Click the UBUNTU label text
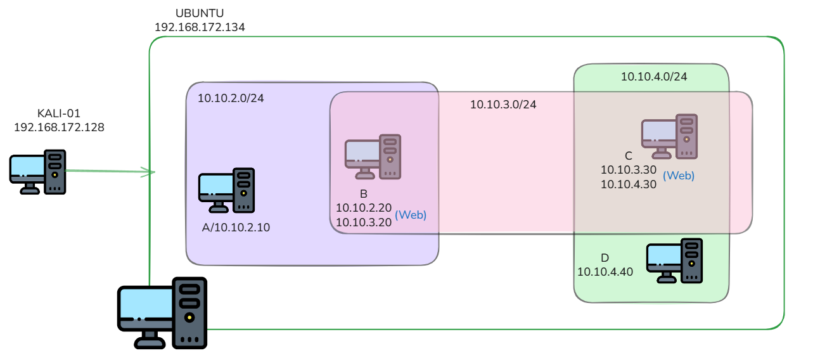click(200, 13)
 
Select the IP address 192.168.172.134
click(200, 27)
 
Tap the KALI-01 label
click(59, 113)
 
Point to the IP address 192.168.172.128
click(59, 127)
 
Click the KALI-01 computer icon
click(38, 172)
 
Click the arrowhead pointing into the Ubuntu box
click(150, 172)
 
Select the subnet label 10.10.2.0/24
click(231, 98)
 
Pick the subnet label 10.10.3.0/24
click(503, 105)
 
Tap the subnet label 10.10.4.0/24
click(654, 77)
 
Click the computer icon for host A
click(226, 190)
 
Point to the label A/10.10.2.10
click(236, 228)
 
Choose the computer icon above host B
click(373, 157)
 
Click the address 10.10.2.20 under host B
click(364, 208)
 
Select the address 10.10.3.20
click(364, 222)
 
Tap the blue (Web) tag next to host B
click(411, 215)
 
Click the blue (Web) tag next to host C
click(679, 176)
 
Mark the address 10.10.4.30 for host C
click(629, 184)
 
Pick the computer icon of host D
click(675, 260)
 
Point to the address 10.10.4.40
click(605, 272)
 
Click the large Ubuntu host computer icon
click(162, 313)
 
